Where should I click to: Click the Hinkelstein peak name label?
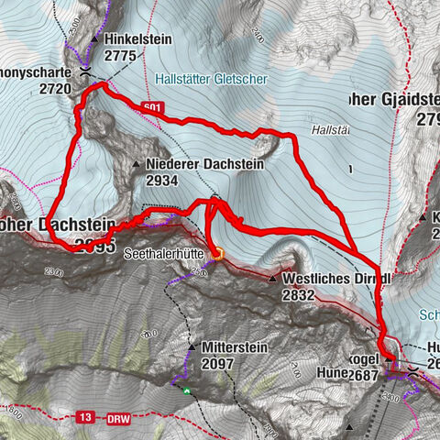point(138,40)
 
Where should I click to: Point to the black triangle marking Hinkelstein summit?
point(94,40)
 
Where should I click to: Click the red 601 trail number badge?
point(154,108)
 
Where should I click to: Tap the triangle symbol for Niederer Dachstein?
point(136,165)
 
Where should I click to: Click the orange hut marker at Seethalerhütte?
point(218,254)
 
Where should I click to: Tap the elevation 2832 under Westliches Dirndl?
point(301,294)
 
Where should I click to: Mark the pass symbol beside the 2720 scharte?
point(83,71)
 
